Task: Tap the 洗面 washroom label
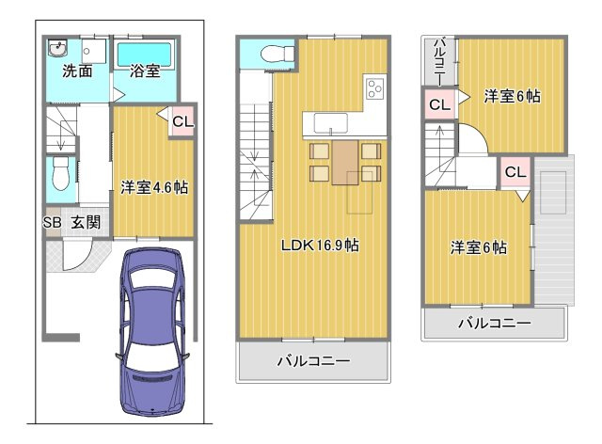pyautogui.click(x=76, y=71)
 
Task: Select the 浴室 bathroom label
pyautogui.click(x=144, y=71)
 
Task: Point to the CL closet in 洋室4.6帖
pyautogui.click(x=182, y=121)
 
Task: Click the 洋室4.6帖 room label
pyautogui.click(x=153, y=186)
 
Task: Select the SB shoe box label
pyautogui.click(x=52, y=223)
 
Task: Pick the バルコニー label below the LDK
pyautogui.click(x=313, y=360)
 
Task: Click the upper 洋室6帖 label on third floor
pyautogui.click(x=513, y=95)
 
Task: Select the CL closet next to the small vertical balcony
pyautogui.click(x=439, y=104)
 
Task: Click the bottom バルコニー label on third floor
pyautogui.click(x=495, y=323)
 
